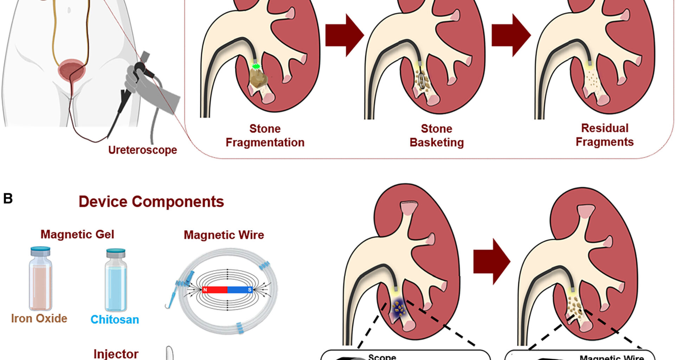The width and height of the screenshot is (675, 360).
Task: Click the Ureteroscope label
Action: pos(142,150)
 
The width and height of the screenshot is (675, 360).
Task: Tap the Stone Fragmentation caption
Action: pos(265,135)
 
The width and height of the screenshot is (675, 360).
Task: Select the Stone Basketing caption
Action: pos(437,135)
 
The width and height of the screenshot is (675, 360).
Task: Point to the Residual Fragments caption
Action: pos(604,135)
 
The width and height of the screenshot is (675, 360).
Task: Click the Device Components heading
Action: pos(151,201)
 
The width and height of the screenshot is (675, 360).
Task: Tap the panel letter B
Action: pos(8,199)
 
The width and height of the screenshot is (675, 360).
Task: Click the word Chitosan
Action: pos(115,320)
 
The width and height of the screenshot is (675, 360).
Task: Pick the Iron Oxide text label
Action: pos(39,318)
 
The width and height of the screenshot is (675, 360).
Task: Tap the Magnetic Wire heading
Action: pos(224,235)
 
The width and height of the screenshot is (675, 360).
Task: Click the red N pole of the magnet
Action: pos(215,290)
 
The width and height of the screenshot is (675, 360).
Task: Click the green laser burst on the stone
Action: pos(256,66)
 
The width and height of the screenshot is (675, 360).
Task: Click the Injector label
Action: pos(116,354)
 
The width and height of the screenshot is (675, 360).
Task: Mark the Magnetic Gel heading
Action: pos(77,234)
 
